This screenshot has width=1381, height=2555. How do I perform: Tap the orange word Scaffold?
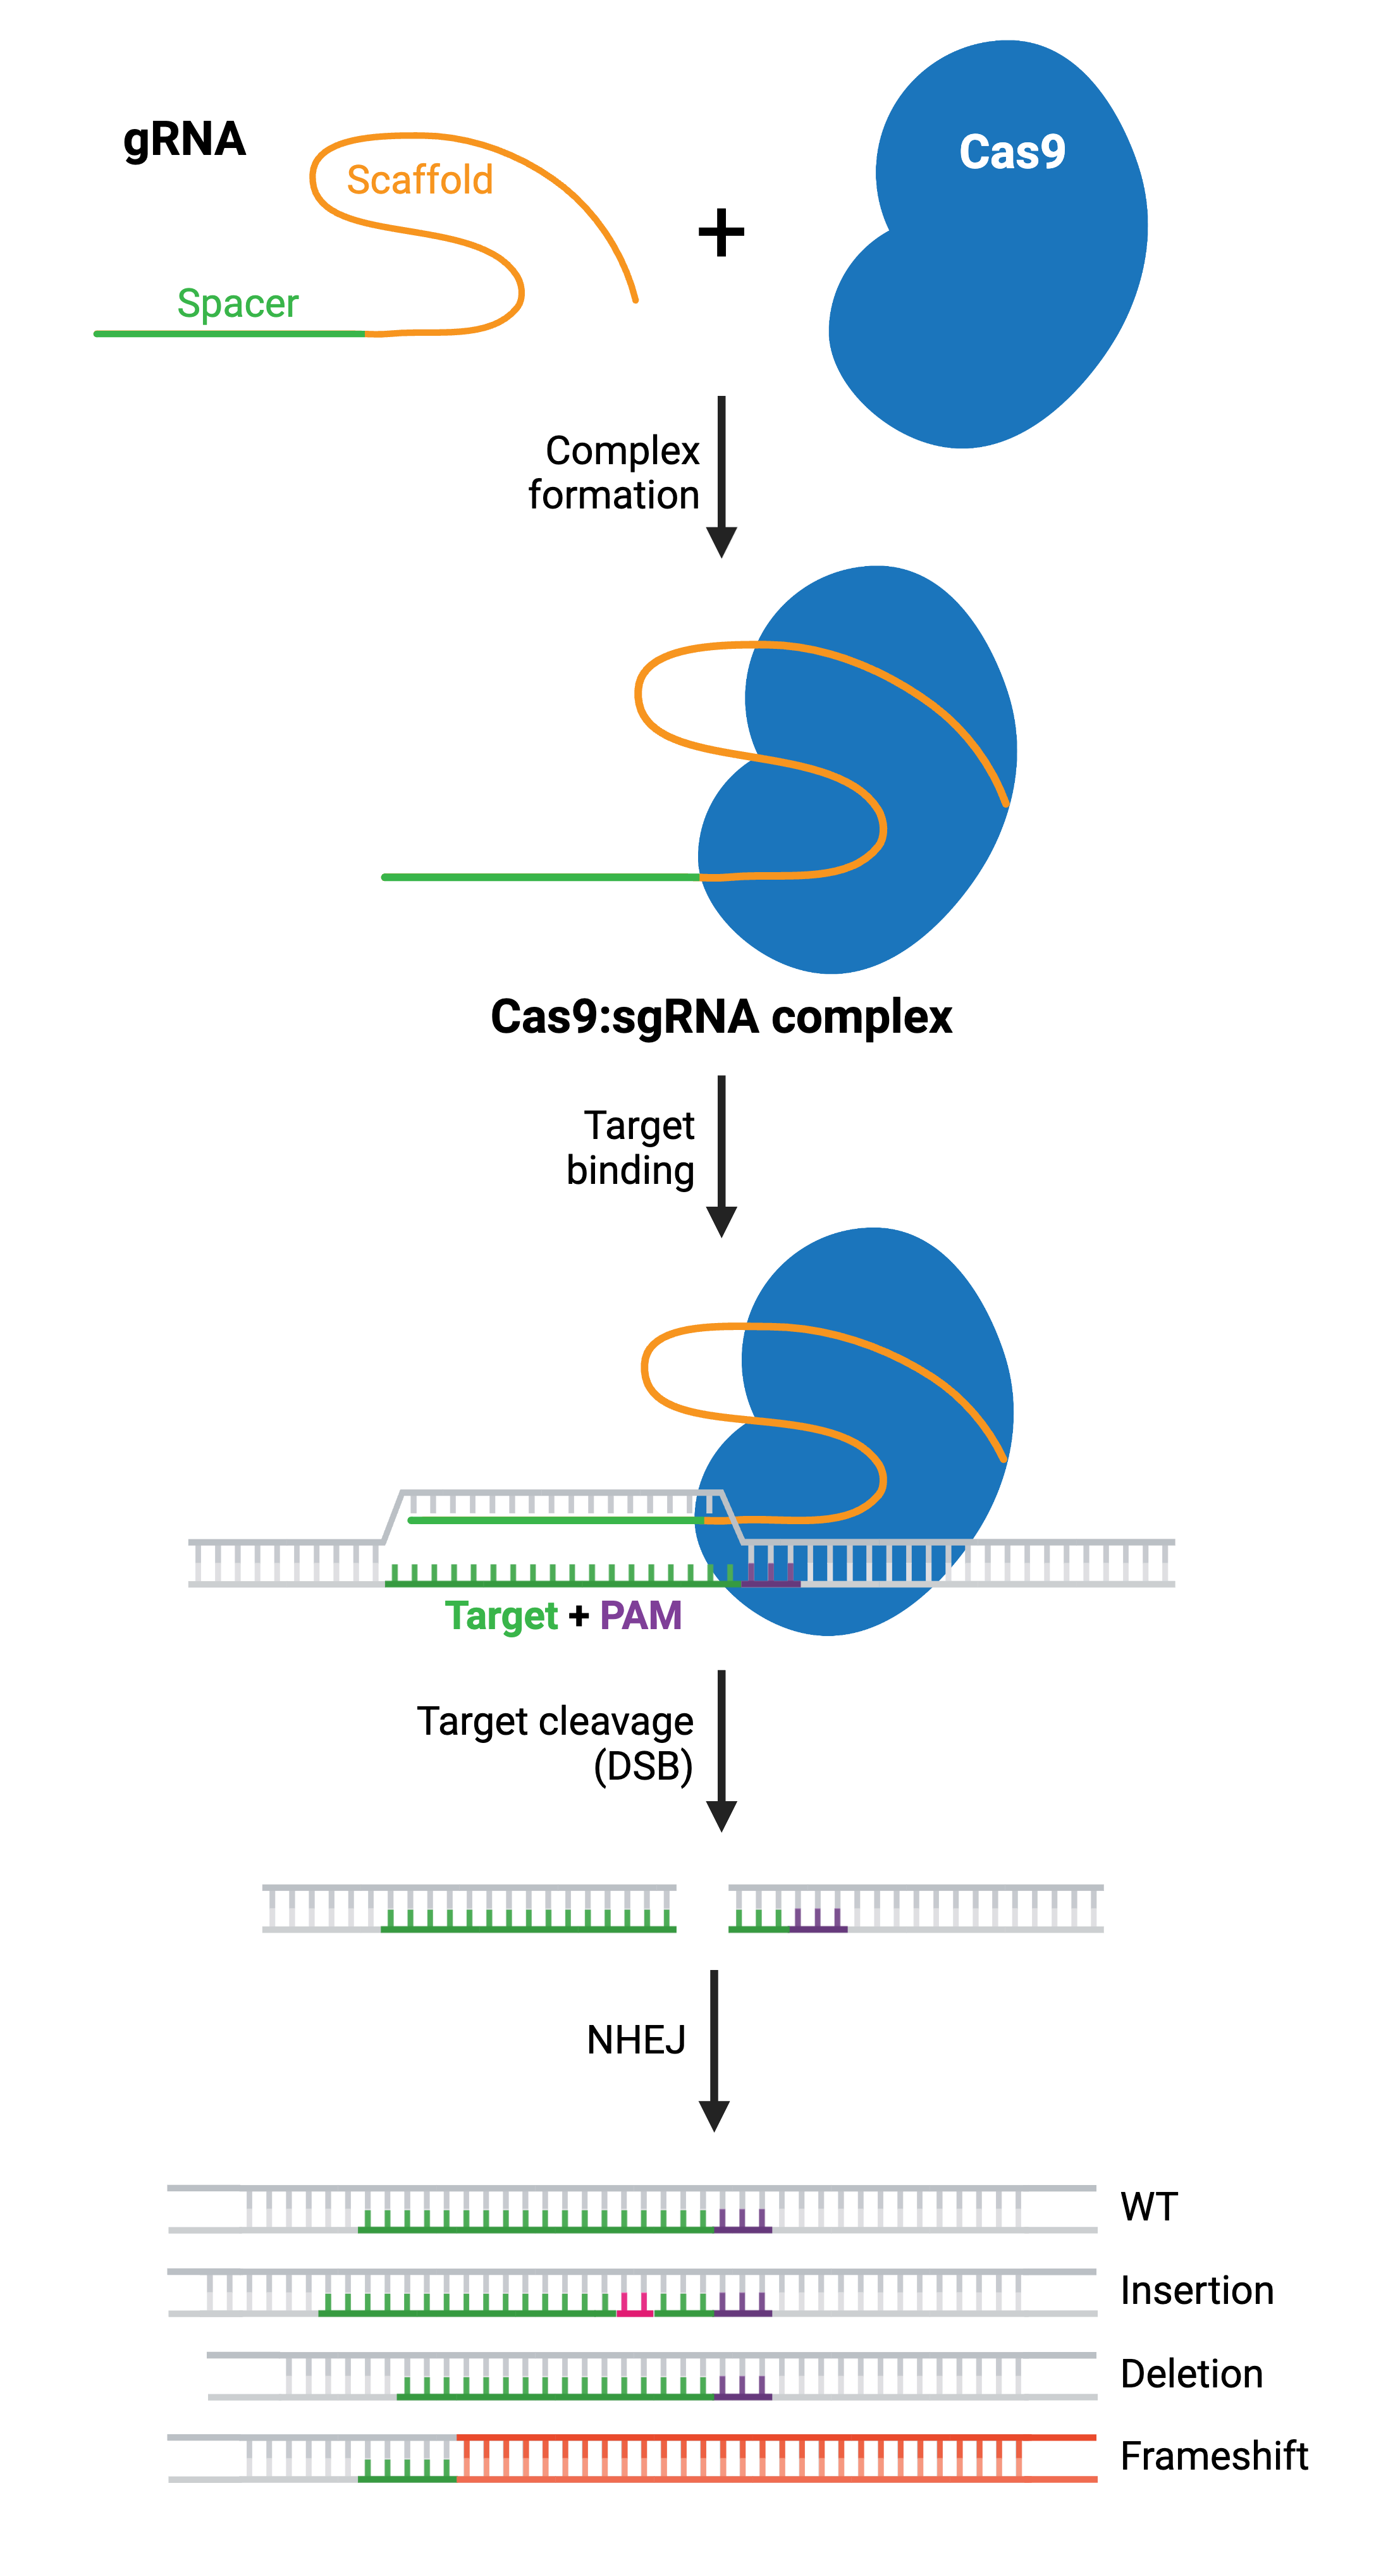(x=419, y=180)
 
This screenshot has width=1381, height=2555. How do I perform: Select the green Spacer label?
(x=238, y=304)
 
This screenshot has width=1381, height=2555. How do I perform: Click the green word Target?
(x=501, y=1616)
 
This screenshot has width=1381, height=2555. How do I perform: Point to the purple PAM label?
(x=641, y=1616)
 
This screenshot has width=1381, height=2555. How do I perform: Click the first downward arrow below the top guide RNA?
(x=721, y=476)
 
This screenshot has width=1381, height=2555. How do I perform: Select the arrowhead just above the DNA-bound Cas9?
(x=721, y=1221)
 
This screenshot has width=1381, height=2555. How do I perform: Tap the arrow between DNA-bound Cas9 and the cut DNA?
(x=721, y=1750)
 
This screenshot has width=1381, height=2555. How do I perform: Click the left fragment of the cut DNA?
(x=469, y=1908)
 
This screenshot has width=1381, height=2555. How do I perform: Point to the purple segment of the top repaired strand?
(x=742, y=2223)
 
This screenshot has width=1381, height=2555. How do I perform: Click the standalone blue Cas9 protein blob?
(x=991, y=288)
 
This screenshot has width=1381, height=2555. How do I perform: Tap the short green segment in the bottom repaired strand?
(x=407, y=2473)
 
